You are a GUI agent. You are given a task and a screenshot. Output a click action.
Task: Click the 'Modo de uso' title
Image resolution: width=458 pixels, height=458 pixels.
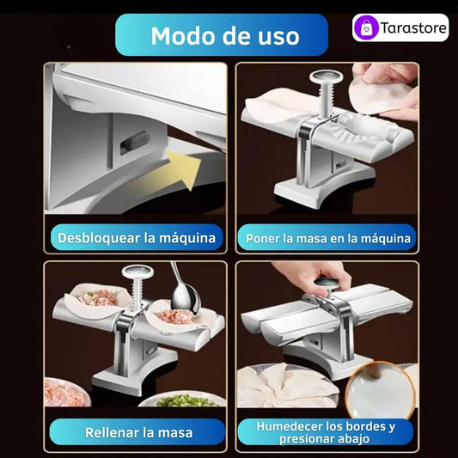[x=225, y=35]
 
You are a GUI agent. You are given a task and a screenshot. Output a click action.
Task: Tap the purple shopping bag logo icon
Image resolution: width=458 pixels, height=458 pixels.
[x=366, y=27]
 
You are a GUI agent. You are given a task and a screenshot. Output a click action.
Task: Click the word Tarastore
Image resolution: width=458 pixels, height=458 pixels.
[x=413, y=28]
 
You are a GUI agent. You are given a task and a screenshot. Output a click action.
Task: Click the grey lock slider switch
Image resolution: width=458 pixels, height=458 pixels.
[x=135, y=142]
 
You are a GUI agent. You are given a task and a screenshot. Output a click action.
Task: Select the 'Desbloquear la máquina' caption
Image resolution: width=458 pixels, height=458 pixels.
[x=137, y=238]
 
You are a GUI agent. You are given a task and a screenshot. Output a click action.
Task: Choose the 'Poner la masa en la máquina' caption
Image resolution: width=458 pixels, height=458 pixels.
[x=328, y=238]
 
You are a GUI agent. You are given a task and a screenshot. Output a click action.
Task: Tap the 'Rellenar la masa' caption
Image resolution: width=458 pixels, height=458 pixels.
[x=138, y=432]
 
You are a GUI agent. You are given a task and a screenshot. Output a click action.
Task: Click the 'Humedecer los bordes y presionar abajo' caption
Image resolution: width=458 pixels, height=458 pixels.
[x=326, y=432]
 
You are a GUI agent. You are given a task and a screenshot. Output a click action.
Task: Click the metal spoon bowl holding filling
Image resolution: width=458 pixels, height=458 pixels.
[x=186, y=300]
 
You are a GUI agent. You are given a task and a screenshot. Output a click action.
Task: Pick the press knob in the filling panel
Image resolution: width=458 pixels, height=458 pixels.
[x=137, y=272]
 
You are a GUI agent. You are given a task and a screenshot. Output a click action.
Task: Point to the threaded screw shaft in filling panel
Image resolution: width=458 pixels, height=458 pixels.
[x=137, y=294]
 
